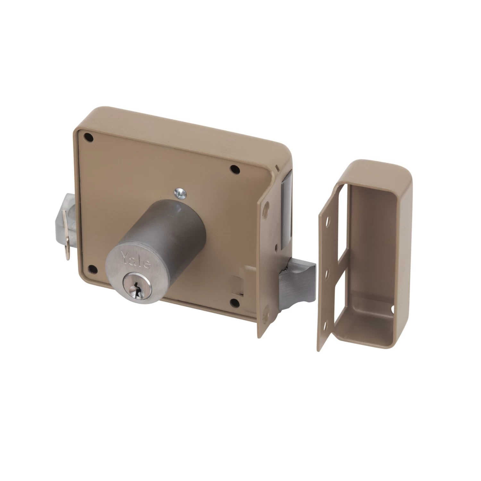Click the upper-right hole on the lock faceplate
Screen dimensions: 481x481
pos(235,168)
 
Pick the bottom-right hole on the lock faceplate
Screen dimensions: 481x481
pos(235,302)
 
